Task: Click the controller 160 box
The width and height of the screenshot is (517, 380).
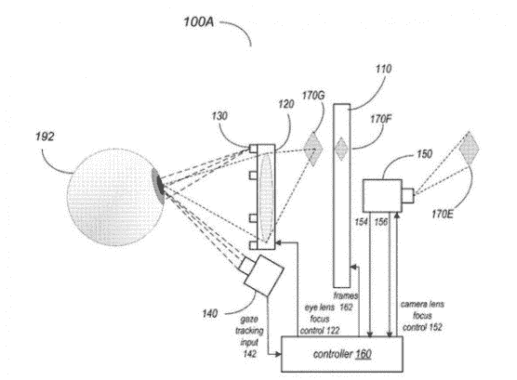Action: pyautogui.click(x=342, y=354)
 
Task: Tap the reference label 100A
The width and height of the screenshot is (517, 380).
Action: pyautogui.click(x=198, y=22)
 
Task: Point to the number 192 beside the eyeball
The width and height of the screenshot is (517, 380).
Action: pyautogui.click(x=45, y=137)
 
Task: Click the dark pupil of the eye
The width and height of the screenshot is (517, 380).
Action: pyautogui.click(x=160, y=185)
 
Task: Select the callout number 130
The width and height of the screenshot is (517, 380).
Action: pyautogui.click(x=219, y=116)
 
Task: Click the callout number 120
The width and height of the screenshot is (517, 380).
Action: pyautogui.click(x=285, y=104)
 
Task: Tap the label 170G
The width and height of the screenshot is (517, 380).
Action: pyautogui.click(x=313, y=96)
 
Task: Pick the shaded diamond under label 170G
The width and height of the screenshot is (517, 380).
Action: pyautogui.click(x=312, y=149)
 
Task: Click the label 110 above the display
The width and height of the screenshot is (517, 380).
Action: pyautogui.click(x=383, y=69)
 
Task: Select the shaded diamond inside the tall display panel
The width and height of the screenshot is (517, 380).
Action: pyautogui.click(x=341, y=149)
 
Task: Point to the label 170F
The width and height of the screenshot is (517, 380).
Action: pyautogui.click(x=381, y=119)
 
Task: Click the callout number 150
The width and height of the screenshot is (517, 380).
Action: pyautogui.click(x=424, y=154)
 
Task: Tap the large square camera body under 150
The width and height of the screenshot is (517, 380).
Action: pyautogui.click(x=382, y=196)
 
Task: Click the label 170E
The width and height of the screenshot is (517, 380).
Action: pyautogui.click(x=443, y=215)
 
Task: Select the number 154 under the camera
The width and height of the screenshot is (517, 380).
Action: pyautogui.click(x=361, y=222)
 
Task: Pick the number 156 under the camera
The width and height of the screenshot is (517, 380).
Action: pyautogui.click(x=381, y=222)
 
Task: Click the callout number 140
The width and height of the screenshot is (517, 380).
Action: pyautogui.click(x=210, y=313)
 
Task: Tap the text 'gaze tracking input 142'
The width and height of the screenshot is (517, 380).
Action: pyautogui.click(x=249, y=336)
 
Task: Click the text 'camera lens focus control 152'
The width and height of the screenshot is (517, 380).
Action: pyautogui.click(x=422, y=316)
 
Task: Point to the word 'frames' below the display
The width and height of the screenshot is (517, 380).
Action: pyautogui.click(x=346, y=295)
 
